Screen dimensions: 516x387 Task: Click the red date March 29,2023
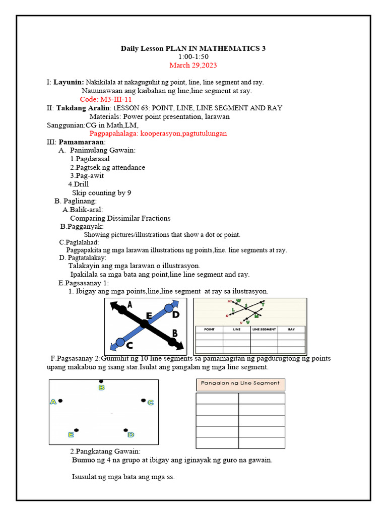(x=193, y=66)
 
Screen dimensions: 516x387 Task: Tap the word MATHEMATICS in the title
(x=223, y=48)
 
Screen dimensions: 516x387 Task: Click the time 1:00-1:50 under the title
(x=193, y=57)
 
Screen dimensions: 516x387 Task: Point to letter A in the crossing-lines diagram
(x=130, y=304)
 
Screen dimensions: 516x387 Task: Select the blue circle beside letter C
(x=120, y=342)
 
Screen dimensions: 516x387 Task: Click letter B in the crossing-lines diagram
(x=174, y=333)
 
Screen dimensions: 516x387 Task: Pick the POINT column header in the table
(x=209, y=329)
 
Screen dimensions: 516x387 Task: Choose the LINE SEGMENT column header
(x=264, y=329)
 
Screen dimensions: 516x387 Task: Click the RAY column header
(x=291, y=329)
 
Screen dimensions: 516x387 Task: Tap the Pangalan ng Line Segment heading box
(x=240, y=383)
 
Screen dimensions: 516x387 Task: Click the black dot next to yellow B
(x=101, y=381)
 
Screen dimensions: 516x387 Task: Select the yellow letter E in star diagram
(x=71, y=434)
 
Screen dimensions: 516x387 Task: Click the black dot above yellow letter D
(x=125, y=430)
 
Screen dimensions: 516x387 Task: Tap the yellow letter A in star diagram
(x=53, y=402)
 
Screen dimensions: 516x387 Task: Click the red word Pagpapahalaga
(x=113, y=134)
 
